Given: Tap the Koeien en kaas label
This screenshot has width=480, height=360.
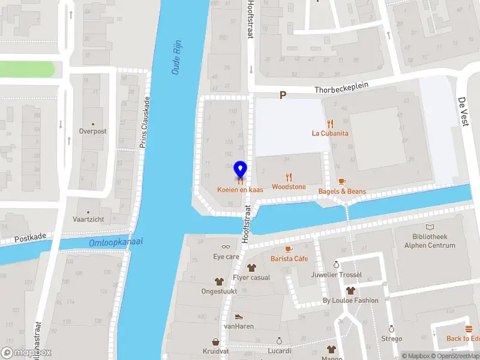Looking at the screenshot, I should (240, 190).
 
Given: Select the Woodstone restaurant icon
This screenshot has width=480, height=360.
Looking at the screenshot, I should (289, 177).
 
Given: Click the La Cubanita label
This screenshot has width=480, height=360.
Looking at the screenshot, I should (330, 133).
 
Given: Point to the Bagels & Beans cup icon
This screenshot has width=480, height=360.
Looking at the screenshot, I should (342, 181).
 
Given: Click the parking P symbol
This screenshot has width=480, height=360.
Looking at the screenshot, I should (283, 95).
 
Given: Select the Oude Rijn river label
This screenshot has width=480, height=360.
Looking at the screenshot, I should (178, 60).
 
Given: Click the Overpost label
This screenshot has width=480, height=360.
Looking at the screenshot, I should (92, 131).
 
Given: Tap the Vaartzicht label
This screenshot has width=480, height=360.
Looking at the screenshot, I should (88, 220).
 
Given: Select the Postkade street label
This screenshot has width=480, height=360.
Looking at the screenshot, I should (30, 238).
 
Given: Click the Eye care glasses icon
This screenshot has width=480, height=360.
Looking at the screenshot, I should (226, 246).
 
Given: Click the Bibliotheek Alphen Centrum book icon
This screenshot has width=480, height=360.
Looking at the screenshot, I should (429, 227).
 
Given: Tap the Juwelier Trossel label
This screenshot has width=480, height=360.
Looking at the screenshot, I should (337, 275).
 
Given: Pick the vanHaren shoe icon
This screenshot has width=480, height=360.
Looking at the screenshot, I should (239, 316).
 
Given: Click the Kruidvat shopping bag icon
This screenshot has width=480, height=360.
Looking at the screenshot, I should (215, 341).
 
